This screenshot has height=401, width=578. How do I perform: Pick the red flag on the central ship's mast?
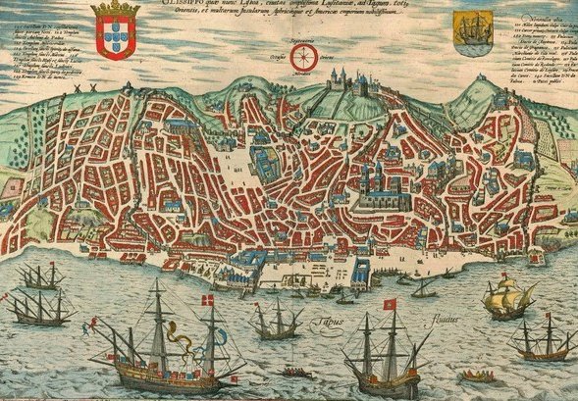coord(389,303)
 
